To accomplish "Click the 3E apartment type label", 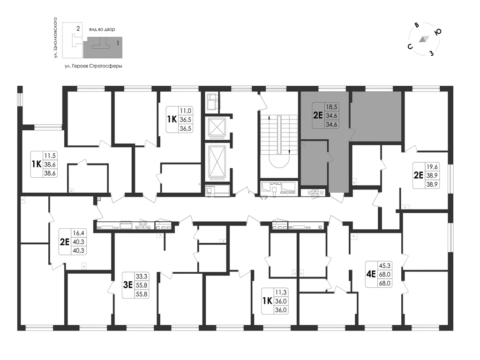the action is (x=127, y=285).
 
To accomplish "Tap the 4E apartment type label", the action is (x=371, y=274).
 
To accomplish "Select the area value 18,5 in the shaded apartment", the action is (x=331, y=107).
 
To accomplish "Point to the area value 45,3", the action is (x=385, y=265).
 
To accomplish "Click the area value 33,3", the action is (x=142, y=277).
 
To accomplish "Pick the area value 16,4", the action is (x=78, y=233).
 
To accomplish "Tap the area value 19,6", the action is (x=432, y=167).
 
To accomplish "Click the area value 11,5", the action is (x=50, y=156).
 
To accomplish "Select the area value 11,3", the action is (x=281, y=292).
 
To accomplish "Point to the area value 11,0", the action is (x=186, y=111).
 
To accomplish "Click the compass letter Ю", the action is (x=438, y=32).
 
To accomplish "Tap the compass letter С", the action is (x=410, y=46).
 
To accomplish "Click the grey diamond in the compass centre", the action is (x=424, y=39).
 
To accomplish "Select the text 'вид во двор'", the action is (x=102, y=30).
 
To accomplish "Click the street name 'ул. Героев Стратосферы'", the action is (x=93, y=66).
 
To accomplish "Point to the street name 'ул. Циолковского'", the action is (x=55, y=38).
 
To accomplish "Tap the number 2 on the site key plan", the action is (x=78, y=29).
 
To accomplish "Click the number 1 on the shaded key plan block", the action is (x=118, y=43).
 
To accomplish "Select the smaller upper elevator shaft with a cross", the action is (x=217, y=127).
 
